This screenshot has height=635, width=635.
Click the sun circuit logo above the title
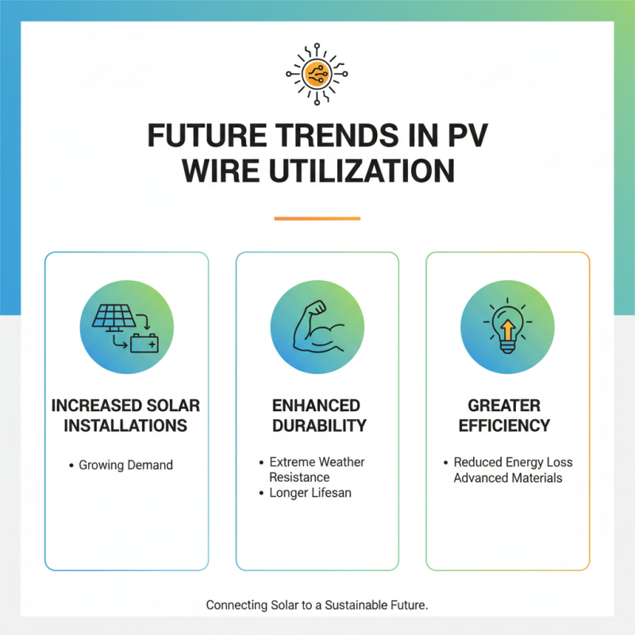coord(317,72)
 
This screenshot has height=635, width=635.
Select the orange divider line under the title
coord(317,218)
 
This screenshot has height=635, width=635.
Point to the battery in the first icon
coord(144,344)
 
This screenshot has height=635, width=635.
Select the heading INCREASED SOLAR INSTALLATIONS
coord(125,415)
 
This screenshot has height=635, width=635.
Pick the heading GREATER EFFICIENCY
coord(507,415)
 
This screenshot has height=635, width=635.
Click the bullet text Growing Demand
coord(125,465)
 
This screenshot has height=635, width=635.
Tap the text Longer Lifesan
coord(310,493)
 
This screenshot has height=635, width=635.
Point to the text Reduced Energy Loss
coord(513,462)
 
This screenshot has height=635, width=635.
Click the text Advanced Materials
coord(508,478)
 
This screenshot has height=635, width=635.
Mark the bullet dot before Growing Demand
coord(71,465)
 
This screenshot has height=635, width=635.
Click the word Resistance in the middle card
coord(299,477)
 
